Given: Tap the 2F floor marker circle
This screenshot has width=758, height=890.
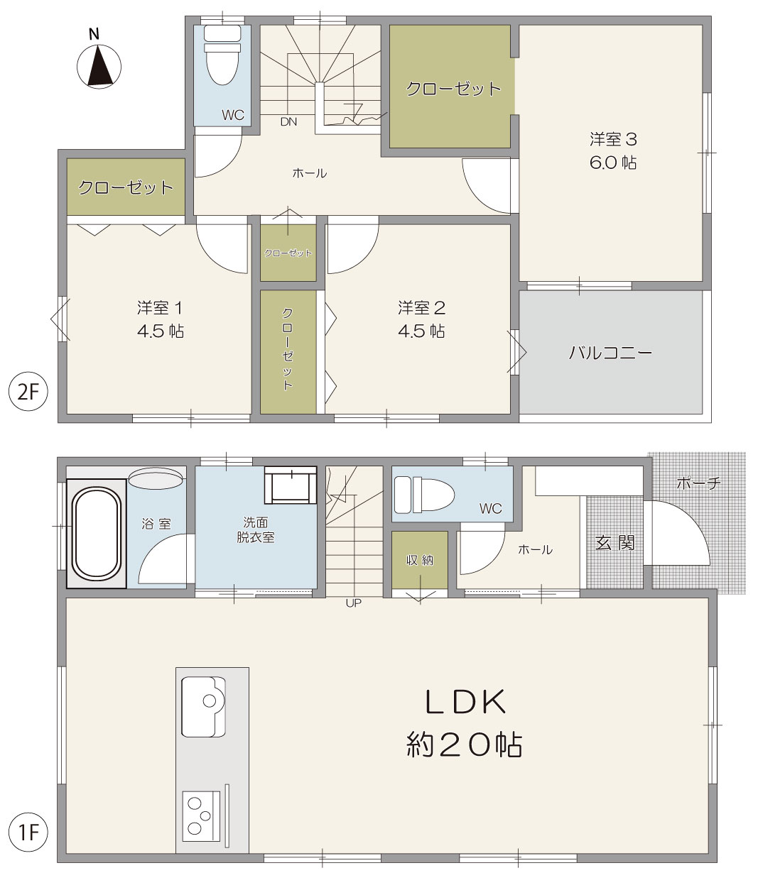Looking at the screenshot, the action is [x=28, y=391].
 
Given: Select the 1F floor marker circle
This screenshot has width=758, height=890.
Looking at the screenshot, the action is [x=28, y=833].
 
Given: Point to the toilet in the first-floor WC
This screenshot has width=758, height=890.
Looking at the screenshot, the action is [x=424, y=494].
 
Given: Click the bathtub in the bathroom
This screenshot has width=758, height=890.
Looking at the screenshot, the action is [x=96, y=533].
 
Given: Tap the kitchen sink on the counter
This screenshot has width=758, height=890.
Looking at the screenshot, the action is [x=203, y=706].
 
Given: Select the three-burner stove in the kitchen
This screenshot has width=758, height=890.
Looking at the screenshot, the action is [x=202, y=815].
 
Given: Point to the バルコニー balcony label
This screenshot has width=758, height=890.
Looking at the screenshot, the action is [x=610, y=353].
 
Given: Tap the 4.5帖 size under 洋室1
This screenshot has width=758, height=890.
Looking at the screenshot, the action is [x=161, y=331].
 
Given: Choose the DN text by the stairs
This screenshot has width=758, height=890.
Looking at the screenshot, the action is [x=288, y=122].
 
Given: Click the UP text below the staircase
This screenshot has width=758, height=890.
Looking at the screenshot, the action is [x=353, y=603].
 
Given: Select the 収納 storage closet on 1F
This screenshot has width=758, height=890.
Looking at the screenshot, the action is [x=420, y=560].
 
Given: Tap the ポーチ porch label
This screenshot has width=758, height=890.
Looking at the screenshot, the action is [x=698, y=483].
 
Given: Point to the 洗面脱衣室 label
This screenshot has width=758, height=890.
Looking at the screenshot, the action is [x=256, y=530].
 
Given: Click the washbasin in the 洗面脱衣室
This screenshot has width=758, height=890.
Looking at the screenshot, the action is [x=291, y=485].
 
